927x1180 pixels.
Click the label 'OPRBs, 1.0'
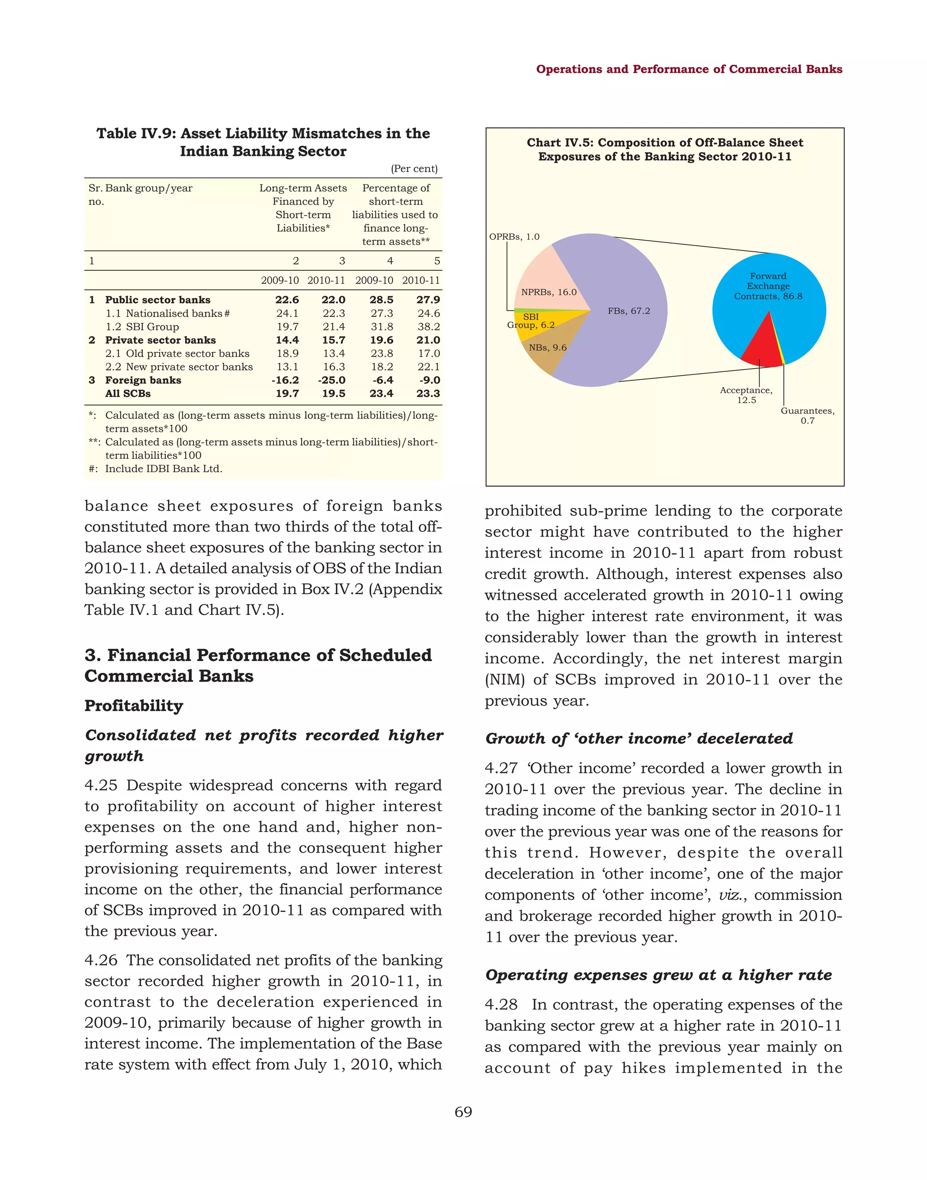click(x=514, y=237)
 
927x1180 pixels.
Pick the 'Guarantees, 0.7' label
click(x=807, y=415)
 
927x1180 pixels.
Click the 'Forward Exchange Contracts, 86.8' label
click(x=768, y=286)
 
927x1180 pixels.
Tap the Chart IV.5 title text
click(x=664, y=149)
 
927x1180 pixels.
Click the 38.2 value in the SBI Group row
click(x=428, y=327)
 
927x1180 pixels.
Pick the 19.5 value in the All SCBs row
click(x=333, y=393)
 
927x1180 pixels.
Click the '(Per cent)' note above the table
click(x=414, y=169)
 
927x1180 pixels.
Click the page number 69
click(x=463, y=1112)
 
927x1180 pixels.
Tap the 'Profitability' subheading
click(x=134, y=705)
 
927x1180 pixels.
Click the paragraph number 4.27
click(x=501, y=768)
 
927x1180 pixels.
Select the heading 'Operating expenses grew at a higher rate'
click(x=658, y=975)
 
